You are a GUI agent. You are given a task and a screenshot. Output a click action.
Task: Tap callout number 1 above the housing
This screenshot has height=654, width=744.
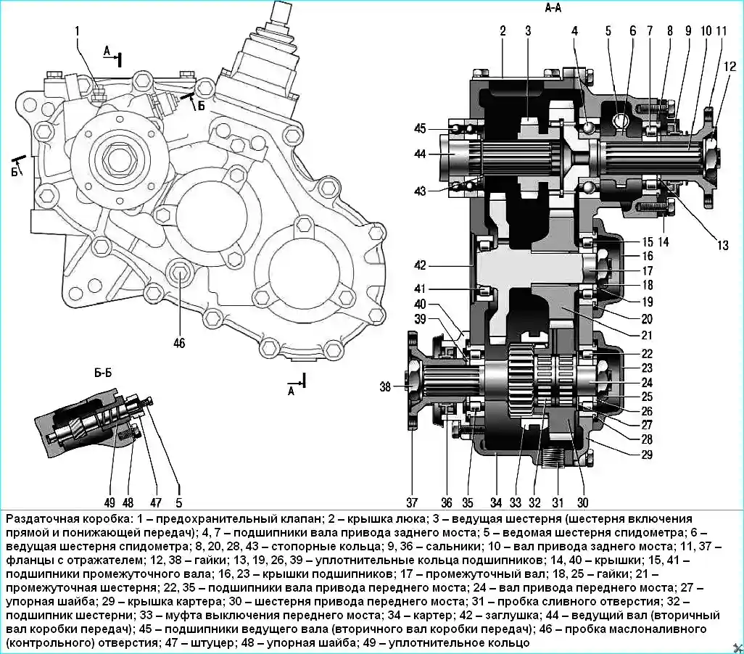click(77, 30)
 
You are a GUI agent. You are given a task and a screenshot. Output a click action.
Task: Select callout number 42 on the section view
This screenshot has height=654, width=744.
click(439, 265)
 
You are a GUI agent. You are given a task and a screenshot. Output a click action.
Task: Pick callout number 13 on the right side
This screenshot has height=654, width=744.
click(722, 245)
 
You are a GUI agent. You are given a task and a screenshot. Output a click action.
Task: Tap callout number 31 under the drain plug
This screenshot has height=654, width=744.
click(558, 502)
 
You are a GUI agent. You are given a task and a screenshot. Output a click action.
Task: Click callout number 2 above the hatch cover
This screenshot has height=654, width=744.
click(502, 30)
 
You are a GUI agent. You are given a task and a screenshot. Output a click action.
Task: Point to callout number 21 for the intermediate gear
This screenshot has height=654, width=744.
click(647, 335)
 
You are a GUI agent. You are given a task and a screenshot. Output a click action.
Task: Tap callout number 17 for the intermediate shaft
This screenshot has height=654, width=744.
click(647, 271)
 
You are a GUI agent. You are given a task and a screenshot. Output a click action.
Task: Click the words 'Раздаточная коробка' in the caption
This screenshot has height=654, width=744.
click(58, 520)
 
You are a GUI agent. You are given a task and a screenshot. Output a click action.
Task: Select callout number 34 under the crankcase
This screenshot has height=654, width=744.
click(496, 502)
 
